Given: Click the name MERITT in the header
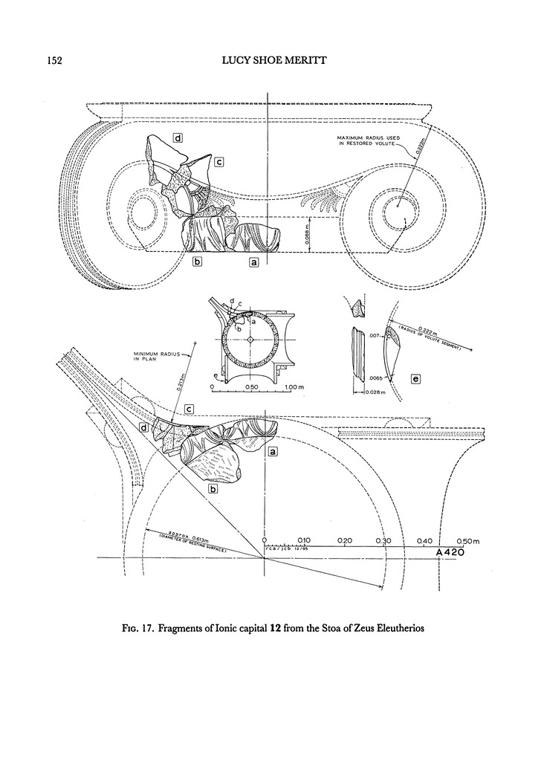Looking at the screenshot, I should coord(329,59).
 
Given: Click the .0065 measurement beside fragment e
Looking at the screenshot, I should coord(376,378).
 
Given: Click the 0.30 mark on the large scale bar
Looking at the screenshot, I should coord(384,540).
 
